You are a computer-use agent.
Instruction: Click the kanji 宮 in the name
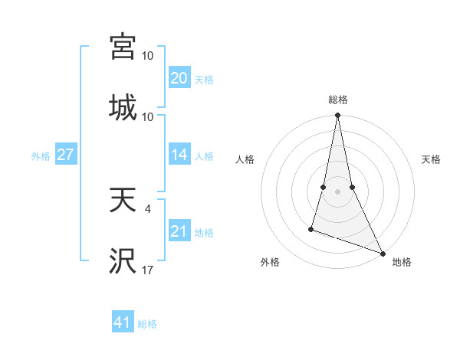pyautogui.click(x=123, y=46)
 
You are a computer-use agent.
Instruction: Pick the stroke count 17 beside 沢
pyautogui.click(x=148, y=270)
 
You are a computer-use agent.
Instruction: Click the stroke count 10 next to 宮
pyautogui.click(x=148, y=56)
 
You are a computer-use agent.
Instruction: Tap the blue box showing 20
pyautogui.click(x=179, y=77)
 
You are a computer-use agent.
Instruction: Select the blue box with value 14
pyautogui.click(x=179, y=155)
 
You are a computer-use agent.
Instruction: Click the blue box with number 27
pyautogui.click(x=65, y=155)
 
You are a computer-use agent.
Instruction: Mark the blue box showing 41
pyautogui.click(x=123, y=322)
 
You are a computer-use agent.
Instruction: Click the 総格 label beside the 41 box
pyautogui.click(x=147, y=324)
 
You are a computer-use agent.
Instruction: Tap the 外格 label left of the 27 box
pyautogui.click(x=41, y=156)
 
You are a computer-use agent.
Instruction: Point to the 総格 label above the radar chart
pyautogui.click(x=338, y=100)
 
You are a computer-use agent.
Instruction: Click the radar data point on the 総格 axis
pyautogui.click(x=337, y=116)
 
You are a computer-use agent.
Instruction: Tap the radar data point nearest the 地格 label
pyautogui.click(x=382, y=254)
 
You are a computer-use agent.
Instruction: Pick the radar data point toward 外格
pyautogui.click(x=311, y=228)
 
